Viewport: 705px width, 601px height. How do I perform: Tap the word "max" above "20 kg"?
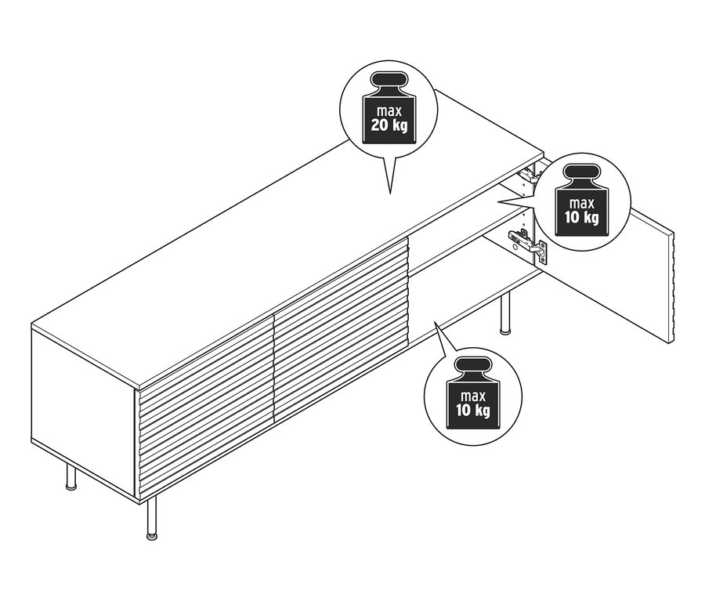click(389, 110)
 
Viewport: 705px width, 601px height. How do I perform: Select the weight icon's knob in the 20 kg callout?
click(388, 81)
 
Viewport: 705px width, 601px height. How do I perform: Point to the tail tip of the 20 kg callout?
click(389, 192)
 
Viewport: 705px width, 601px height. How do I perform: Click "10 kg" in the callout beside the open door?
click(580, 217)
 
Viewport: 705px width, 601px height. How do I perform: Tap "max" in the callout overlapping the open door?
click(580, 201)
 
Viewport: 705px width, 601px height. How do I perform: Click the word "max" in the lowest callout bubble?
click(472, 393)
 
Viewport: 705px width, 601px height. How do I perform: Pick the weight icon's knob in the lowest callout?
click(472, 365)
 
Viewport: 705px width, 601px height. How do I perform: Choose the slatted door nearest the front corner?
click(205, 407)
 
